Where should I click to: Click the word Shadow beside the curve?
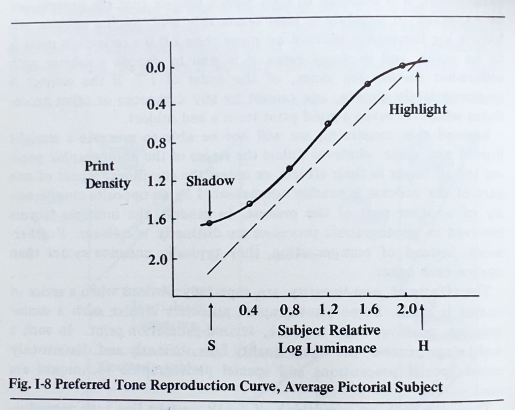210,181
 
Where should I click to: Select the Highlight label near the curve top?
417,109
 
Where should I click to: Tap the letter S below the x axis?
211,346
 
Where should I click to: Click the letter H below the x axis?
423,346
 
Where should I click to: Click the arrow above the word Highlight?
418,84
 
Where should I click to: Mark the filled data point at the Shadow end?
209,223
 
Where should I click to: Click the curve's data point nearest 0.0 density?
403,66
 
